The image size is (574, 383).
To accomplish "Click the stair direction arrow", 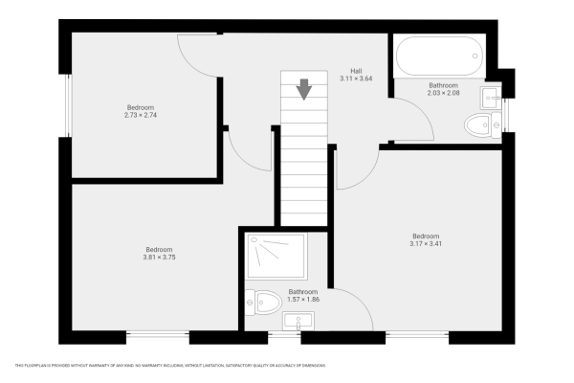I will [x=304, y=89].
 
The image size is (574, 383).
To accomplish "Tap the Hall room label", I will [x=355, y=71].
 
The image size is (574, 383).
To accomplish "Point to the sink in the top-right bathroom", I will [x=492, y=95].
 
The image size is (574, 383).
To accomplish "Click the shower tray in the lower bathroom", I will [x=275, y=259].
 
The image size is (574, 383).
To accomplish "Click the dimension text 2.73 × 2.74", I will [x=140, y=115].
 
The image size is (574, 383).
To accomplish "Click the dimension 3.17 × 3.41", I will [x=426, y=243].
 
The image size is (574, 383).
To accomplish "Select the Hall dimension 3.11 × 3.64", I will [x=355, y=79].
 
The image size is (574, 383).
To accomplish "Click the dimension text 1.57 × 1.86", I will [x=303, y=299].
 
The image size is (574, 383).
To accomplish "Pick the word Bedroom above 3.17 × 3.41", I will [x=426, y=236].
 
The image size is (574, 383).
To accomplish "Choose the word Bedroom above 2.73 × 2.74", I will [x=141, y=107].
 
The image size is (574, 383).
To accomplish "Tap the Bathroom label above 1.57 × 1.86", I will [x=303, y=291].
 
